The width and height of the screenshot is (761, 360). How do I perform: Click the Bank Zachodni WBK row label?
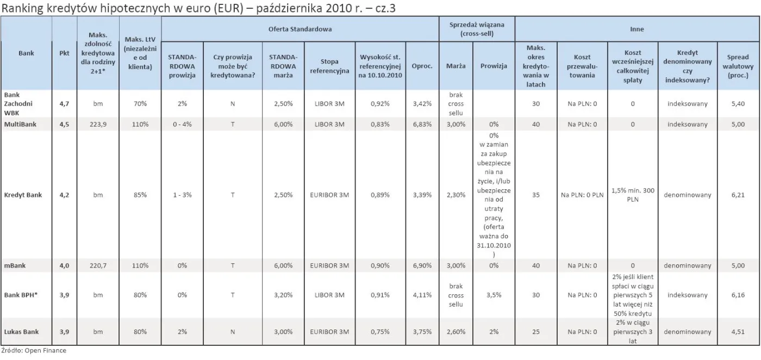(15, 103)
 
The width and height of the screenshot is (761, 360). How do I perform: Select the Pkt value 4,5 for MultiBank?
(64, 125)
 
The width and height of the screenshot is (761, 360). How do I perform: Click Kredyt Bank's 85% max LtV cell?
(141, 195)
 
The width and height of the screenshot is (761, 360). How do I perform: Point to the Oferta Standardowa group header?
(300, 28)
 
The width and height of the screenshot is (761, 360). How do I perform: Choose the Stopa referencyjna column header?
(326, 66)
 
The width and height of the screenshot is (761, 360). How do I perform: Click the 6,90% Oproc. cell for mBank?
(422, 265)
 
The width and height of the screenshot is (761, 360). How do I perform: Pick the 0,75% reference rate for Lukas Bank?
(379, 332)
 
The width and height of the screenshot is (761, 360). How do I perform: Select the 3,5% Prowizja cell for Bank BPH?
(494, 295)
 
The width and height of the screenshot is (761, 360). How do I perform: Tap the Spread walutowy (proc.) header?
(738, 66)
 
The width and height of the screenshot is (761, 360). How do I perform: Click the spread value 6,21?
(738, 195)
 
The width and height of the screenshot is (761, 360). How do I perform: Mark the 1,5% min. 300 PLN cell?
(633, 195)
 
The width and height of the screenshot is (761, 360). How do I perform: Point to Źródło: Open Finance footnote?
(34, 351)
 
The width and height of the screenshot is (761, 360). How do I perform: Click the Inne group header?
(637, 28)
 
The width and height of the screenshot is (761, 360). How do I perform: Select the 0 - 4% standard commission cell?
(182, 125)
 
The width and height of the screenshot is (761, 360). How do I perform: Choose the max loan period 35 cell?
(535, 195)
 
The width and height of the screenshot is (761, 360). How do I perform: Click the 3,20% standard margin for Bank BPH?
(283, 295)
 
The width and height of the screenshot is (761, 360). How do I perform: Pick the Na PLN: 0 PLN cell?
(582, 195)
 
